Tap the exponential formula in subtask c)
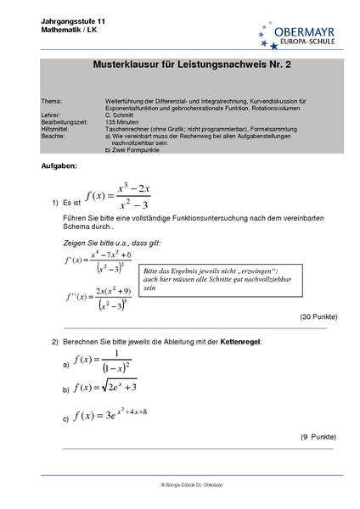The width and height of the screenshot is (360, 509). click(x=111, y=415)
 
